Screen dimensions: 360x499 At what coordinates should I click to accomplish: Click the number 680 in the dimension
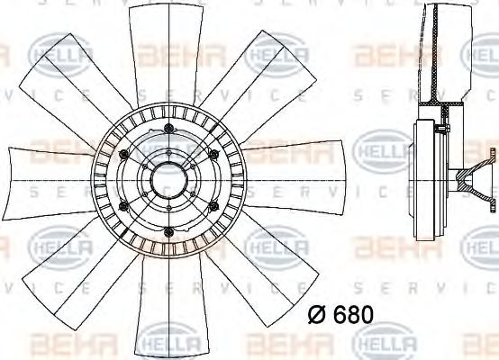point(353,317)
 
